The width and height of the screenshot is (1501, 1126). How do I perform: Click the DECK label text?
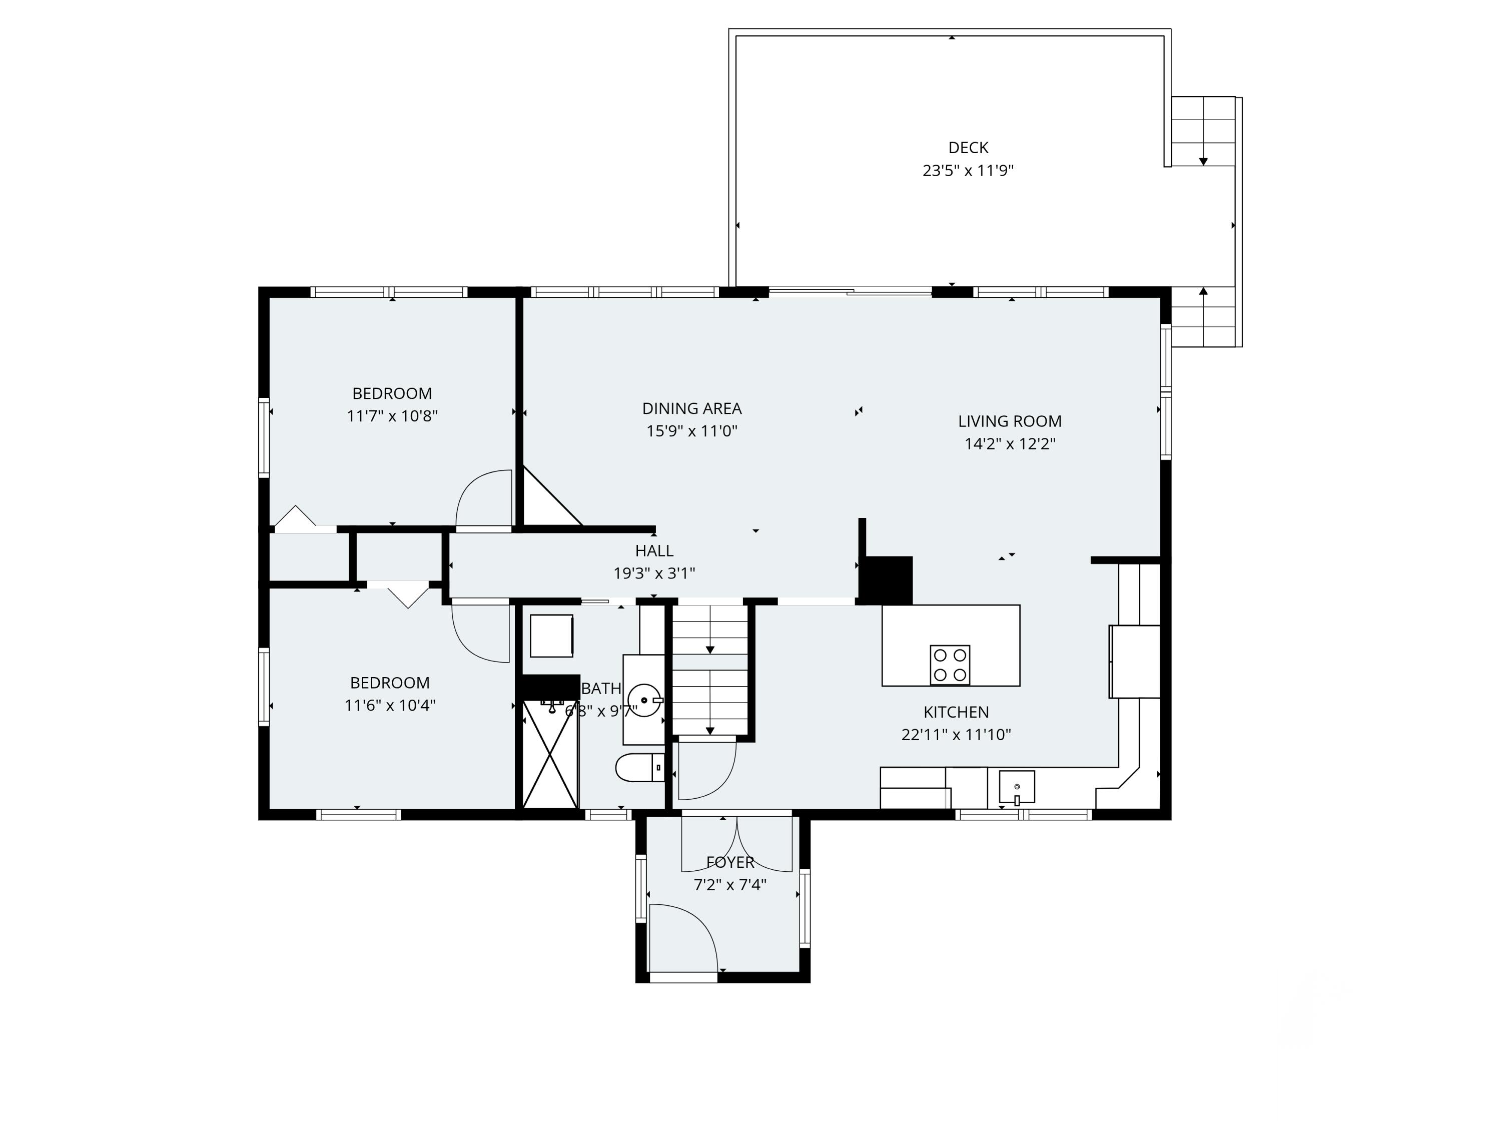click(x=968, y=147)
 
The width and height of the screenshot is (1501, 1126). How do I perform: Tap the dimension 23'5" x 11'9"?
click(x=968, y=170)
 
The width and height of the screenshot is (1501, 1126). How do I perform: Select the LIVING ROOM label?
click(x=1009, y=421)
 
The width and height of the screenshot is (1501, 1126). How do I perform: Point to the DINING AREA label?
click(x=691, y=408)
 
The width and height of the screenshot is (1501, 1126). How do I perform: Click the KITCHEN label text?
click(x=956, y=712)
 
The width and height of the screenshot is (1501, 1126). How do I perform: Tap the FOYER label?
click(x=729, y=862)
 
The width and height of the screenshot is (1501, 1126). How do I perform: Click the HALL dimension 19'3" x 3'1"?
click(x=654, y=574)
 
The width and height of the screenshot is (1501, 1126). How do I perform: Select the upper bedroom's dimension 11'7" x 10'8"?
click(x=392, y=416)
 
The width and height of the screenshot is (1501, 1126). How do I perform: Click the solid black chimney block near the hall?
click(x=886, y=580)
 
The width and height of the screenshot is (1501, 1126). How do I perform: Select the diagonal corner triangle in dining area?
click(x=543, y=505)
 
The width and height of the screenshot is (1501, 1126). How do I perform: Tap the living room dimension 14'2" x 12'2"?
click(x=1009, y=444)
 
